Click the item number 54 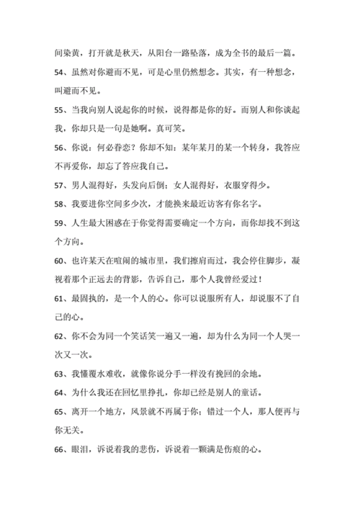[x=61, y=73]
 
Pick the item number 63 [x=61, y=374]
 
